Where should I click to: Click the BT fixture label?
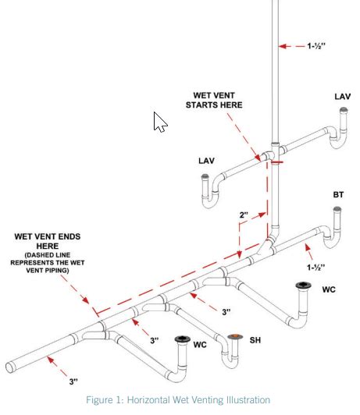click(x=338, y=195)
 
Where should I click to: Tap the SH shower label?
click(x=255, y=340)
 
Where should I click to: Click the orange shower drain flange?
click(x=235, y=336)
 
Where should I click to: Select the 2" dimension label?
click(x=244, y=215)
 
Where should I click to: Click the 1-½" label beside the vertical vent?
click(x=316, y=46)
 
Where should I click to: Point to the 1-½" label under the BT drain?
click(x=315, y=268)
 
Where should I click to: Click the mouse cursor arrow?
click(x=160, y=122)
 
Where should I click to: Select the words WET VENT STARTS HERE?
click(x=214, y=101)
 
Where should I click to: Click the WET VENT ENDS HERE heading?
click(x=48, y=241)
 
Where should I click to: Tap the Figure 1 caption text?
click(x=178, y=399)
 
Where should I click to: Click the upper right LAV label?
click(x=343, y=97)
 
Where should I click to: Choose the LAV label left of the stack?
click(x=206, y=161)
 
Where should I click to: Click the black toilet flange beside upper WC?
click(x=303, y=286)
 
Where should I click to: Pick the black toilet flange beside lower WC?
click(x=183, y=339)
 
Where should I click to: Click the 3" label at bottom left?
click(x=73, y=381)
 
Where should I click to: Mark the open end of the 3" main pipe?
click(x=9, y=367)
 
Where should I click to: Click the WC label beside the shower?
click(x=200, y=345)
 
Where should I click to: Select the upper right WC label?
click(x=329, y=289)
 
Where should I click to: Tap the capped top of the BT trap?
click(x=337, y=209)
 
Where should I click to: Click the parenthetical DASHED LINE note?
click(x=48, y=263)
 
